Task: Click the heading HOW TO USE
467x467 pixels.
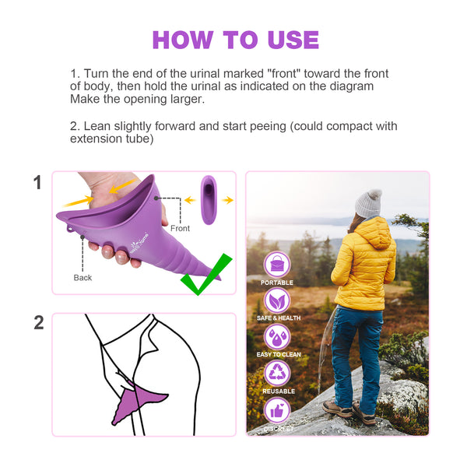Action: tap(236, 40)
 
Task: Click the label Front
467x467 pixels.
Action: tap(180, 228)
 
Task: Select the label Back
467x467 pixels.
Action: tap(83, 278)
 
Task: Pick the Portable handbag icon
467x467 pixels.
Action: tap(277, 265)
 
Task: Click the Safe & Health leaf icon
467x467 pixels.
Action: tap(277, 300)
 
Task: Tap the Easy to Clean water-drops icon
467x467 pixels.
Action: tap(277, 337)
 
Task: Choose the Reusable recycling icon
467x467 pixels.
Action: tap(277, 373)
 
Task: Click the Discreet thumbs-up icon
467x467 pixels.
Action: tap(277, 410)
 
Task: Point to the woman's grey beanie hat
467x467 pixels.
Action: tap(368, 203)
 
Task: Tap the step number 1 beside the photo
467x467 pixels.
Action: tap(37, 182)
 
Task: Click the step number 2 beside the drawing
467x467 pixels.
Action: tap(39, 322)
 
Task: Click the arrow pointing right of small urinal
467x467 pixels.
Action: tap(227, 200)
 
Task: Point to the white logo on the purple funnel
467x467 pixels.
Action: tap(139, 243)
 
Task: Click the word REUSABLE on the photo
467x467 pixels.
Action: tap(279, 391)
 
